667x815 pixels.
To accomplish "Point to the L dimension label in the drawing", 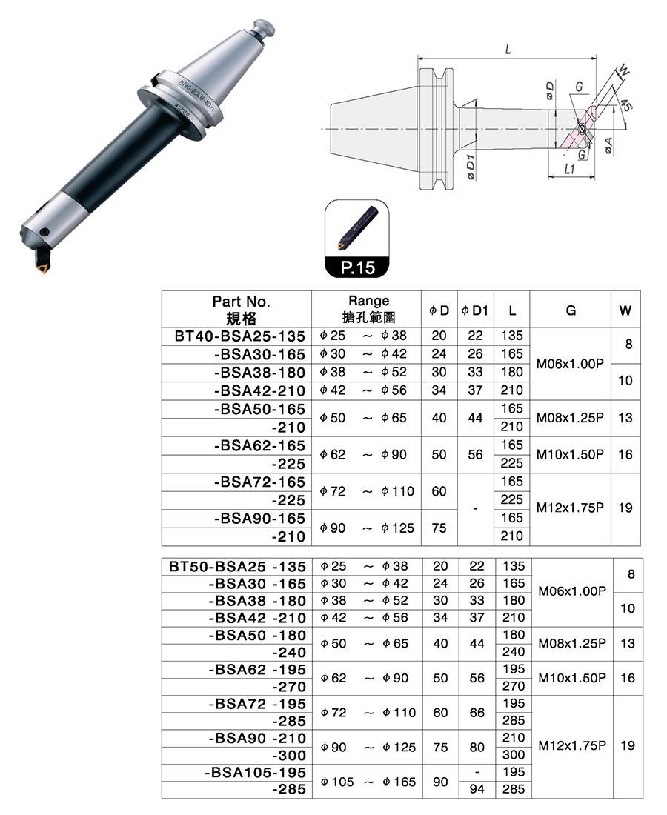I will pyautogui.click(x=508, y=50).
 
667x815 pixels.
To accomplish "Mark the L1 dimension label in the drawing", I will pyautogui.click(x=569, y=169).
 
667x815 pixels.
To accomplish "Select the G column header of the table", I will pyautogui.click(x=571, y=311).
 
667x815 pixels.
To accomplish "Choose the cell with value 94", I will pyautogui.click(x=477, y=790).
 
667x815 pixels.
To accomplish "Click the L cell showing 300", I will pyautogui.click(x=513, y=755).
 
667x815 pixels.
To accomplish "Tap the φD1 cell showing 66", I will pyautogui.click(x=477, y=712).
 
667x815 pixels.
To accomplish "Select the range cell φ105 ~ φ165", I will pyautogui.click(x=367, y=782).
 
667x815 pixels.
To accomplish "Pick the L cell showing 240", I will pyautogui.click(x=513, y=652).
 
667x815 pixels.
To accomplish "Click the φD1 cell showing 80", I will pyautogui.click(x=477, y=747).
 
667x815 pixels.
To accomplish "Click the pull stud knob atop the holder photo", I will pyautogui.click(x=263, y=29).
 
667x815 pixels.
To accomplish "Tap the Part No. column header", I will pyautogui.click(x=241, y=310).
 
